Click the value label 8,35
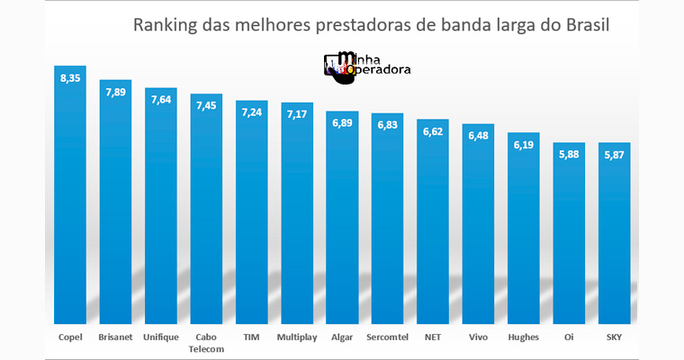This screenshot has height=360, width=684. point(70,79)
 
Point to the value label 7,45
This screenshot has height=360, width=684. point(206,105)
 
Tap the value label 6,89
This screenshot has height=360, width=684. point(341,121)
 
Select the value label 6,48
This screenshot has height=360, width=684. point(478,135)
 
